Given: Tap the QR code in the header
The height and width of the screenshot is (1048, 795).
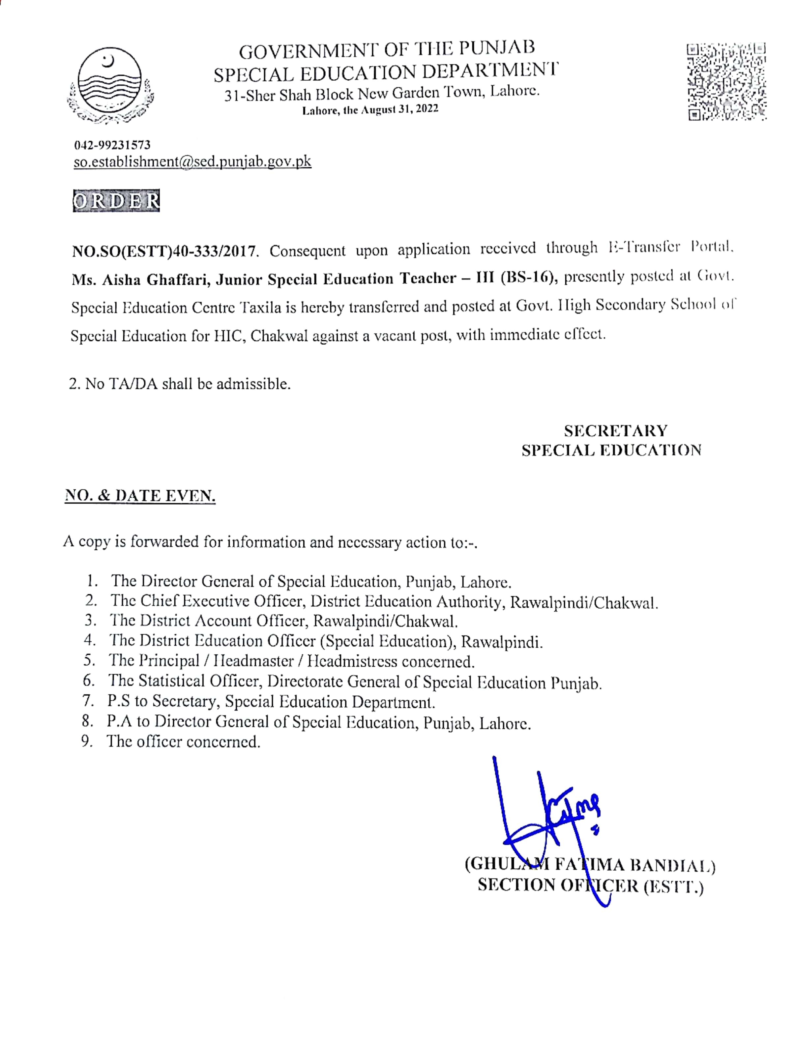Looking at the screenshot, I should [x=726, y=81].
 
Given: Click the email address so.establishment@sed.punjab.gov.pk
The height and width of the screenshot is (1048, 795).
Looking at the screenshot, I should [x=192, y=161].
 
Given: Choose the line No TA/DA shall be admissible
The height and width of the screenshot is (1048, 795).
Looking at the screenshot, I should [x=180, y=384].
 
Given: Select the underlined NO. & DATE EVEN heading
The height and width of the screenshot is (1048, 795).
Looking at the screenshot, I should [x=140, y=496].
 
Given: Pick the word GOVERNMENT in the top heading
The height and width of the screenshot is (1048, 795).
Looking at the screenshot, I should [x=308, y=51].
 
